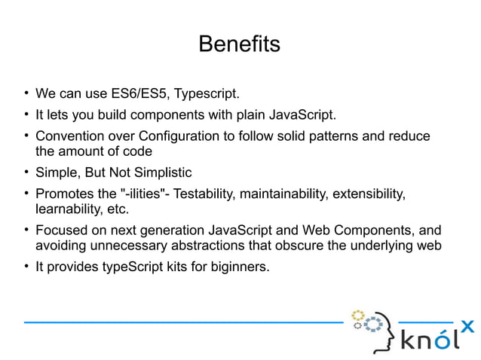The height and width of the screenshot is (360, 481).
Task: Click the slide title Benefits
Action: pos(239,44)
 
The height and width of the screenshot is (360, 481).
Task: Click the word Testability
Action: pos(206,194)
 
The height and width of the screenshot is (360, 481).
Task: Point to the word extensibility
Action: pos(372,194)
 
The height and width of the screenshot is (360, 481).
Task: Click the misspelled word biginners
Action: pos(237,266)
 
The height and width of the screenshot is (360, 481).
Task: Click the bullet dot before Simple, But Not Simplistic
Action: pos(25,172)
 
